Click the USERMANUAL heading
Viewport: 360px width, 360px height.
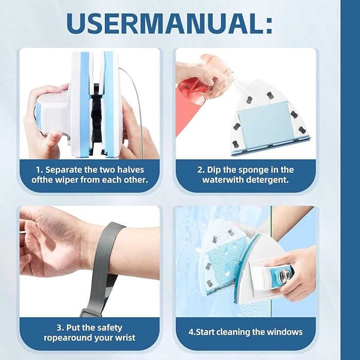pos(169,24)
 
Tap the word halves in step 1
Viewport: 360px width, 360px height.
pos(131,170)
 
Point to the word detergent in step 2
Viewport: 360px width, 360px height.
pos(267,180)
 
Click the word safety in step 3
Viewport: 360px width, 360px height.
pos(109,328)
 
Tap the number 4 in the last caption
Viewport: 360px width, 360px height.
pos(191,332)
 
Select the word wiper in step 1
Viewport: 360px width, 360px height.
pos(67,180)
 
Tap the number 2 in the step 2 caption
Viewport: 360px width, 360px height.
pos(200,170)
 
